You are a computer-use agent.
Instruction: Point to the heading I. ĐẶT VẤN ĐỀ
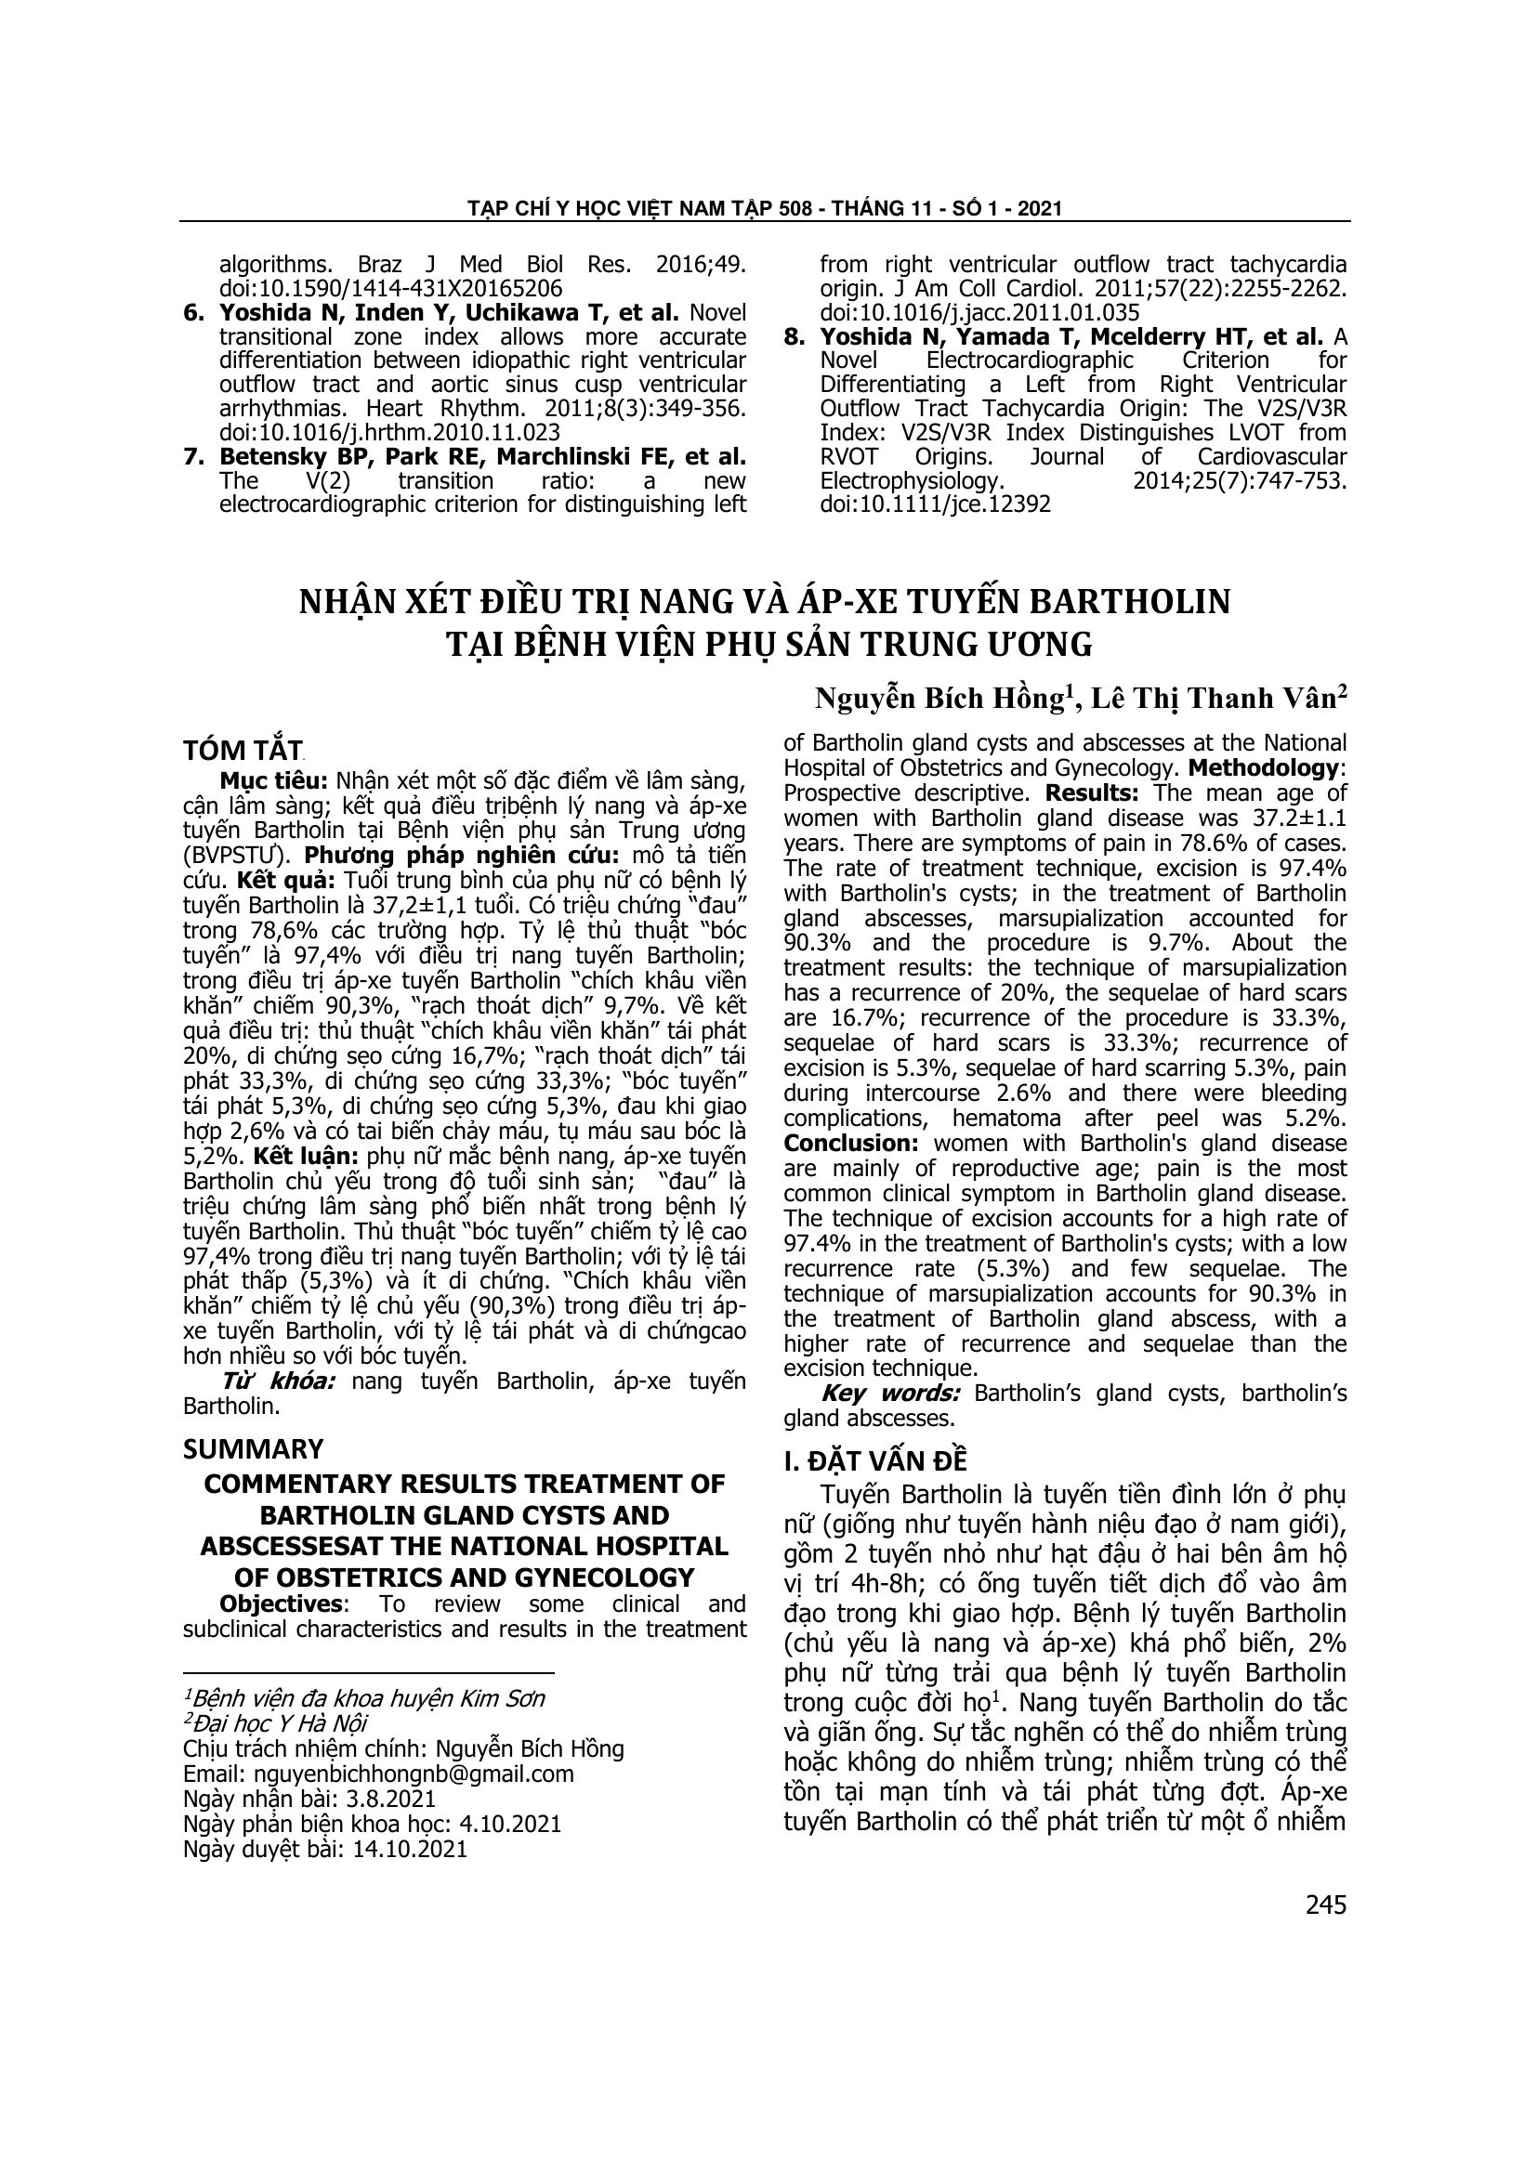(x=875, y=1460)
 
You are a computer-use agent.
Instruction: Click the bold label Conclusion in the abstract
(x=849, y=1143)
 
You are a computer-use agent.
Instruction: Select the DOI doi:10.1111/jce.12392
(x=935, y=504)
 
